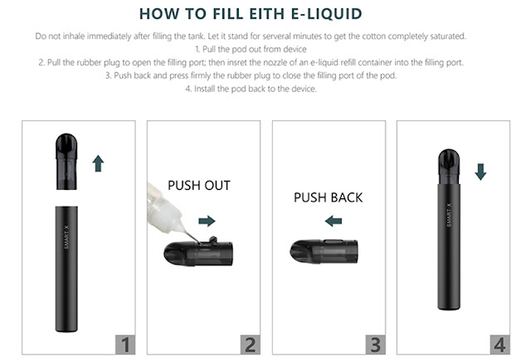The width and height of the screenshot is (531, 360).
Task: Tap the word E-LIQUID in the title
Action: click(x=326, y=14)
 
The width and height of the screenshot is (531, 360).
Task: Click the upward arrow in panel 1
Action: click(x=98, y=163)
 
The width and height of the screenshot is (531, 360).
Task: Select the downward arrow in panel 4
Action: click(x=480, y=172)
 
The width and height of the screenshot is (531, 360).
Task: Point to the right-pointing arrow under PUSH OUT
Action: click(x=207, y=221)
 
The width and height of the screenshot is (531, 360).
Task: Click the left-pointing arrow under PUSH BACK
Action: click(x=334, y=221)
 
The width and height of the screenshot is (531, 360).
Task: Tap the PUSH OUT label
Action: click(x=199, y=186)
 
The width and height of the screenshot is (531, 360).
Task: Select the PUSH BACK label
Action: click(x=329, y=197)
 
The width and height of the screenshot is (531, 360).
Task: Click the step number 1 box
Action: click(x=125, y=345)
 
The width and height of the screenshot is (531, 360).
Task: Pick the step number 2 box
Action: click(x=251, y=345)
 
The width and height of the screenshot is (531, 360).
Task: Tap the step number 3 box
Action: click(x=376, y=345)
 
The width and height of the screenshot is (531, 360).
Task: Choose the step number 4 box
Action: click(x=499, y=345)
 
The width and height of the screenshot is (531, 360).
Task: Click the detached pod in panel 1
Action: click(x=66, y=161)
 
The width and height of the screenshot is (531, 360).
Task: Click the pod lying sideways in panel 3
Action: click(x=324, y=251)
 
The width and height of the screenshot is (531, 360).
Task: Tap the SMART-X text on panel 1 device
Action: click(x=66, y=237)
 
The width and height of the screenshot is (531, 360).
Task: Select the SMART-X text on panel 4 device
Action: click(x=449, y=215)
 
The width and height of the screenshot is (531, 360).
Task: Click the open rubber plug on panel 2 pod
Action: click(x=213, y=240)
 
